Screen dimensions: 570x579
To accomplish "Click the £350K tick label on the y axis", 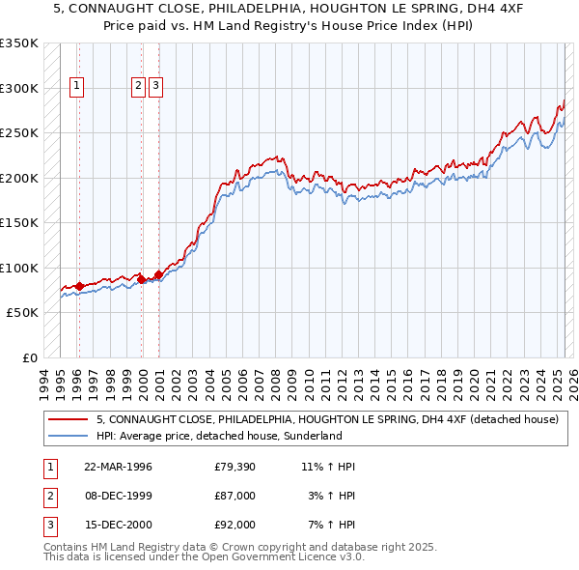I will pyautogui.click(x=19, y=43).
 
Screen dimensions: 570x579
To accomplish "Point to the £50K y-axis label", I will pyautogui.click(x=22, y=313).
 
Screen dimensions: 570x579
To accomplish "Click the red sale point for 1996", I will pyautogui.click(x=79, y=286).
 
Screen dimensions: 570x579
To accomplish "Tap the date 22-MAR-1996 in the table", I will pyautogui.click(x=119, y=467).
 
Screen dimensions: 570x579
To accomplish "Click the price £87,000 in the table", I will pyautogui.click(x=235, y=496).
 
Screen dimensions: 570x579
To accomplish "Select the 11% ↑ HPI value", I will pyautogui.click(x=328, y=467).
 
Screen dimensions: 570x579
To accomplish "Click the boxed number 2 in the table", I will pyautogui.click(x=49, y=496).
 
